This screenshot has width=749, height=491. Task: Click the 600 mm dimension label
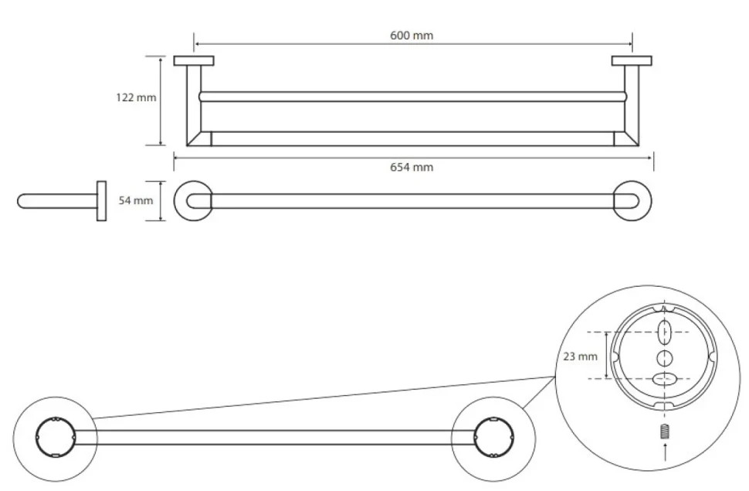coord(412,36)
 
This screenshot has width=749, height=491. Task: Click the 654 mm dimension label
coord(412,167)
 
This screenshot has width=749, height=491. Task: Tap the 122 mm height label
coord(136,97)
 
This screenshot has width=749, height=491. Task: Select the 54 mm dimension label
coord(136,200)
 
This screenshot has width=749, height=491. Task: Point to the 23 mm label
coord(581,356)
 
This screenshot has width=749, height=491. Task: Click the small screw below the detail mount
coord(665,431)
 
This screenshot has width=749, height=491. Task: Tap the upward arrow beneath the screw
coord(665,452)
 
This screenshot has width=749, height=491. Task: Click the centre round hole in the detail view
coord(665,357)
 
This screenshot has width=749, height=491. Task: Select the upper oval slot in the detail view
coord(665,332)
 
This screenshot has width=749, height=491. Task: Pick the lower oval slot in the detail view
coord(665,380)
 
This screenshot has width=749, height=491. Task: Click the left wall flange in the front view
coord(194,61)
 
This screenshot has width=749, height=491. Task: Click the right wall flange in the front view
coord(632,61)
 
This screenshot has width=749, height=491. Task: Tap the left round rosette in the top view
coord(175,201)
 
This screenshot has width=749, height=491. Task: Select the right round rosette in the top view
coord(650,201)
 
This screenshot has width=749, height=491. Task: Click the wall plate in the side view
coord(101,201)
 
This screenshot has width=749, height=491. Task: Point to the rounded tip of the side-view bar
coord(19,201)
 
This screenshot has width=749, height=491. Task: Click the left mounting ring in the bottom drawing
coord(36,438)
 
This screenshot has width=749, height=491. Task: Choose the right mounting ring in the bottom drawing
coord(513,438)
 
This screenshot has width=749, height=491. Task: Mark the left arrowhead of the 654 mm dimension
coord(176,157)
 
